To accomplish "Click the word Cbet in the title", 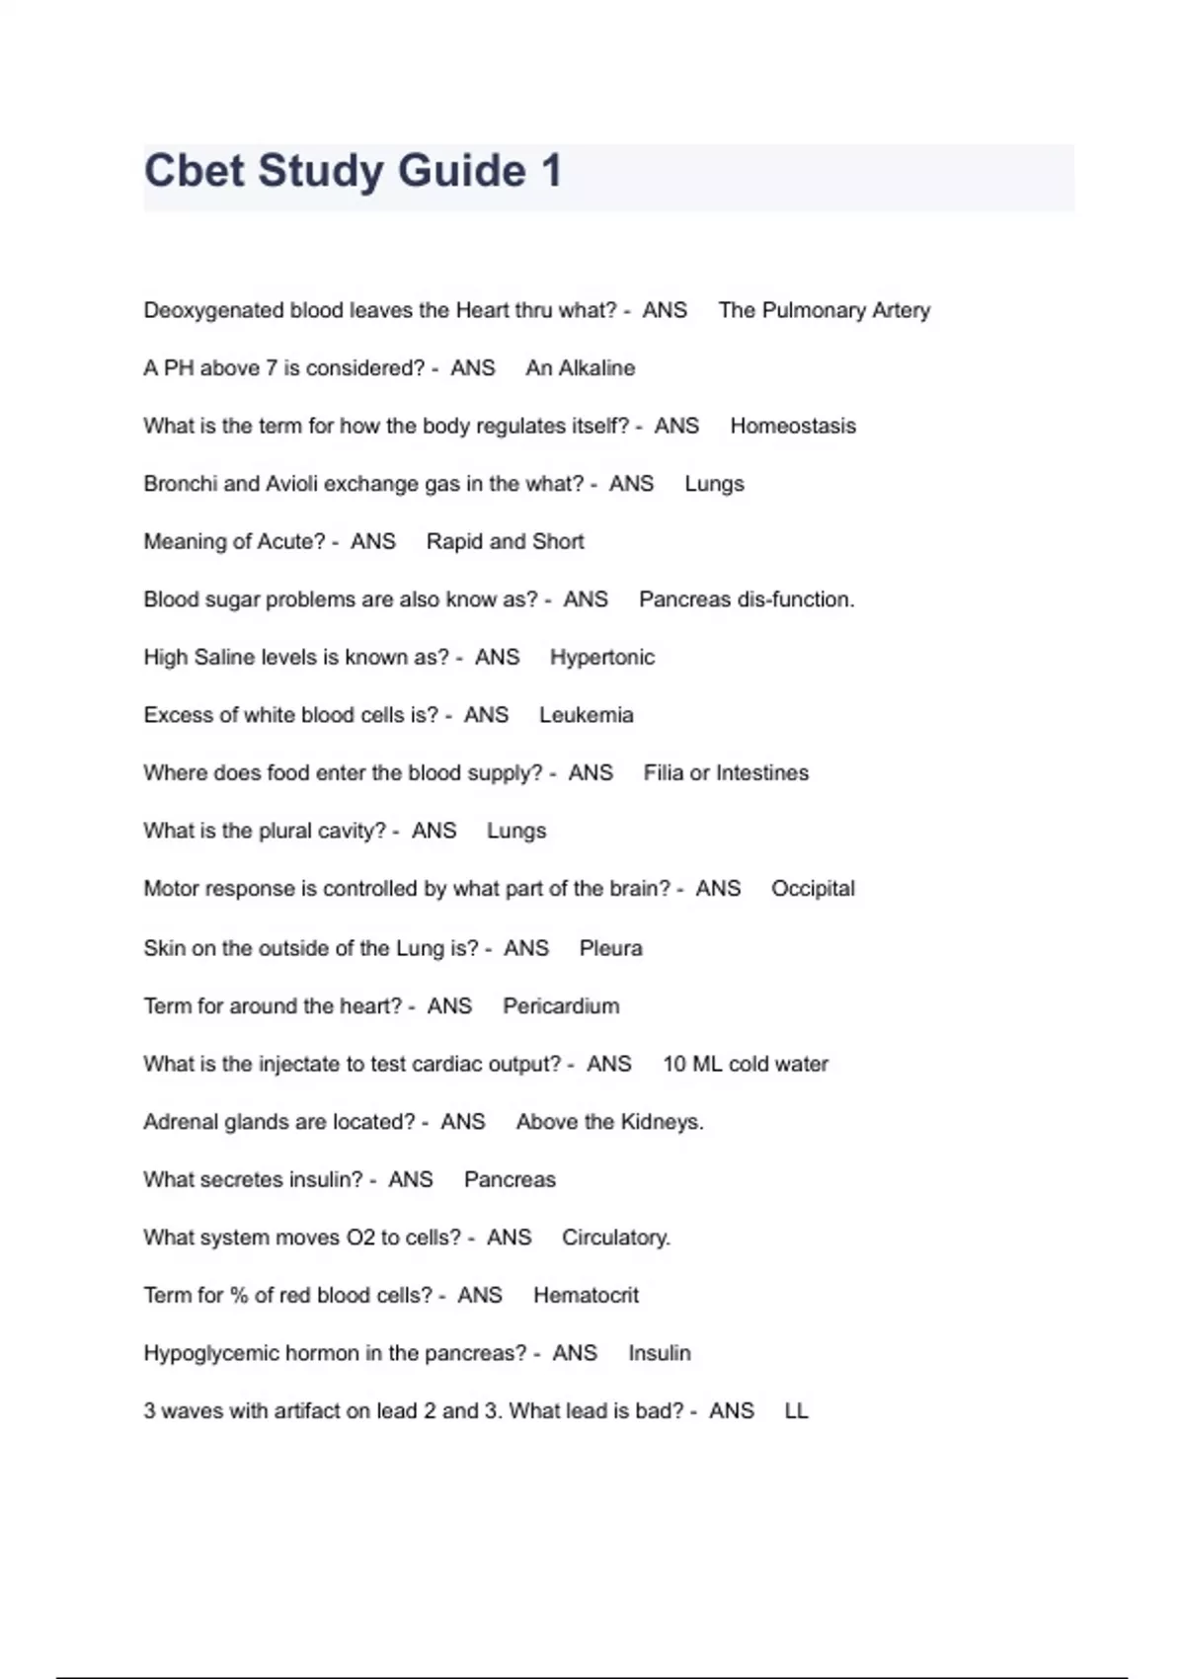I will (195, 171).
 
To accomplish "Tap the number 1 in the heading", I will (551, 171).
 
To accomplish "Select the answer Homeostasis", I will (793, 426).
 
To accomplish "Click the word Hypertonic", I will (602, 657).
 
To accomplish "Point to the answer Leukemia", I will (586, 715).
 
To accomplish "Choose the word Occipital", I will (813, 888).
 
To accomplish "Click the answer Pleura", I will (610, 948).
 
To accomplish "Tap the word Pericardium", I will (561, 1005).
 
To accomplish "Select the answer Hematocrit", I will (586, 1295).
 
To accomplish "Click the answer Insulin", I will (659, 1353).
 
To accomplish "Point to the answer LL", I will (796, 1410).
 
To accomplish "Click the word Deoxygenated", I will (213, 310).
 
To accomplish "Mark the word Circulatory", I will (615, 1238).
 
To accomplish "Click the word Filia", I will (664, 772).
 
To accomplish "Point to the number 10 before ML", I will (673, 1064).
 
